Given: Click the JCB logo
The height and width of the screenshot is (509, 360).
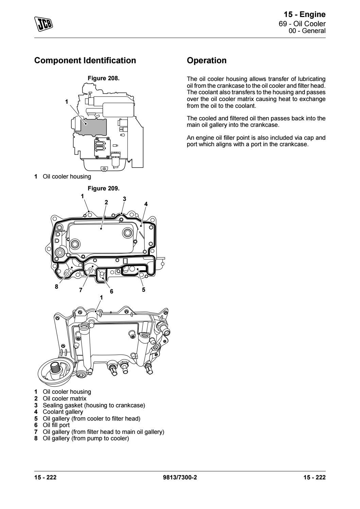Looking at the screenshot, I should coord(44,23).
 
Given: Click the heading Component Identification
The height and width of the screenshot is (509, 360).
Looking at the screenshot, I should coord(85,61).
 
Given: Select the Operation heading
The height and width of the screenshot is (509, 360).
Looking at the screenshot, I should coord(207,61).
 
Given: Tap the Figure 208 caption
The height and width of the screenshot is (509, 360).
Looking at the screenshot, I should coord(104,78).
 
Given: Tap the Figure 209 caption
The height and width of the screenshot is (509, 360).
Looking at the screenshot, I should coord(104,188).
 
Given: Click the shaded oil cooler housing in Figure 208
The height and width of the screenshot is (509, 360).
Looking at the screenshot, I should coord(92,126).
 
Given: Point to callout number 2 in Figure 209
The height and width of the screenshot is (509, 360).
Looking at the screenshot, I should coord(106,202).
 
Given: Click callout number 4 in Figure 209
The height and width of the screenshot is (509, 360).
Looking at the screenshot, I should coord(146,204).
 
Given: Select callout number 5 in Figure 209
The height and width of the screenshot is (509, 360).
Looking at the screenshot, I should coord(143,289).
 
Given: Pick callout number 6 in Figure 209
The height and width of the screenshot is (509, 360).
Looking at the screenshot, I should coord(111,291).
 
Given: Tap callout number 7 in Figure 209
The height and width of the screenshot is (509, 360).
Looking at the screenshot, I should coord(81,290).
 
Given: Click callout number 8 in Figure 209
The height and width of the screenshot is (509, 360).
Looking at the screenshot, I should coord(56,287).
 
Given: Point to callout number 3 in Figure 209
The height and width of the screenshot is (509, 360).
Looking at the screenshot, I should coord(124,199).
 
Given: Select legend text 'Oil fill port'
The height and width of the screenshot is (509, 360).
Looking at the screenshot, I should coord(56,425).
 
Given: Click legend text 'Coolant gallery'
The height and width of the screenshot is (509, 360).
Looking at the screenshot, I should coord(63,412).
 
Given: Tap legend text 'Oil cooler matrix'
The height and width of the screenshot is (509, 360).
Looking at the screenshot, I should coord(64,398).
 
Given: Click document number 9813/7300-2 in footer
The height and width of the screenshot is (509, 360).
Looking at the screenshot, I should coord(180,477).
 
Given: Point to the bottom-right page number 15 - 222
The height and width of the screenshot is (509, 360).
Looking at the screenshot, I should coord(314,477).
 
